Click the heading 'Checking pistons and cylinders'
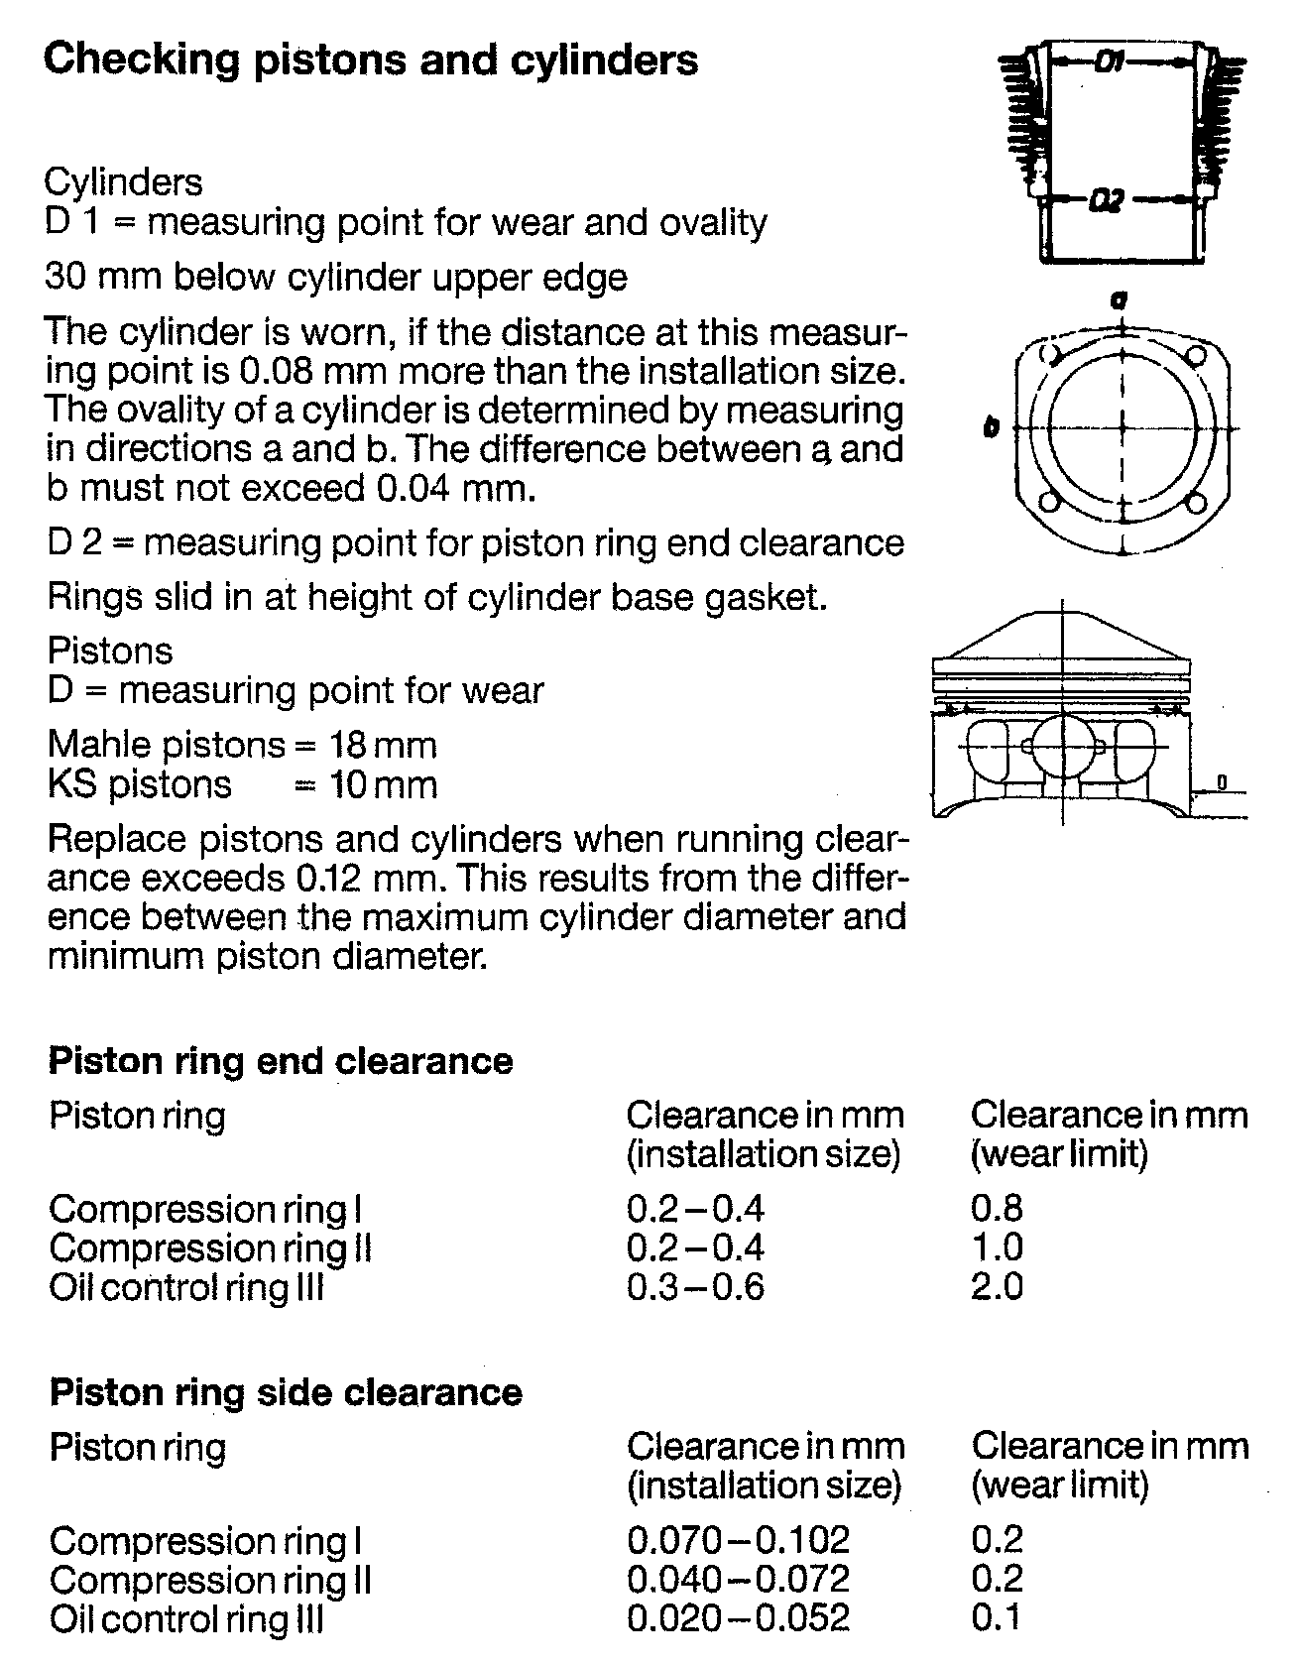point(371,60)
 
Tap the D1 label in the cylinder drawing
point(1110,62)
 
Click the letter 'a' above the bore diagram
point(1120,297)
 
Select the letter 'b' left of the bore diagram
point(991,428)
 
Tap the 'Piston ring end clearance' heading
point(281,1061)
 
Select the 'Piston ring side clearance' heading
point(286,1392)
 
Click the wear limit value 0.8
point(997,1208)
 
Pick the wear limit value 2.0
point(997,1287)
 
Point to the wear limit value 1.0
point(997,1248)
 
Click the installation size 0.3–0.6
point(695,1287)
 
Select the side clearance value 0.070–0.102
point(739,1539)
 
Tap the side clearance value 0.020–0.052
point(739,1618)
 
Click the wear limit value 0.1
point(996,1618)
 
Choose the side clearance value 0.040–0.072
point(739,1579)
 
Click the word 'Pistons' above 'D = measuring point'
point(110,652)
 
